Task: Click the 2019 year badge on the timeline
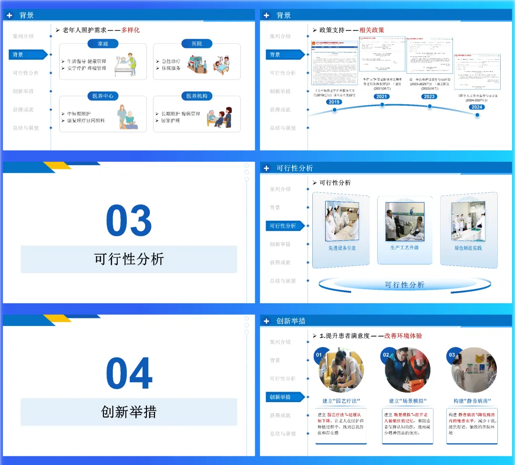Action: pyautogui.click(x=334, y=102)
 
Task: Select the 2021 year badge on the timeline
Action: pyautogui.click(x=381, y=96)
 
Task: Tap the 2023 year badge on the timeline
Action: pyautogui.click(x=429, y=96)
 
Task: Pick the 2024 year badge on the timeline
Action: pyautogui.click(x=477, y=107)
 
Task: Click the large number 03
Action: pyautogui.click(x=129, y=221)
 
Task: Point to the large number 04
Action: pyautogui.click(x=129, y=374)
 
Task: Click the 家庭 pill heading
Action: pyautogui.click(x=103, y=44)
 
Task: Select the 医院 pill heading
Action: pyautogui.click(x=197, y=44)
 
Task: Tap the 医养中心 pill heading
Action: pyautogui.click(x=103, y=96)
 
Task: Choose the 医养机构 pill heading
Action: pyautogui.click(x=197, y=96)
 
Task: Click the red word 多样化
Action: pyautogui.click(x=130, y=30)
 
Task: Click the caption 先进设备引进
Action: pyautogui.click(x=342, y=248)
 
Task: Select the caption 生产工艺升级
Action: pyautogui.click(x=404, y=247)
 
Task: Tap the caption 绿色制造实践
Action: pyautogui.click(x=468, y=248)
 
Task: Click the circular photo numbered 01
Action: pyautogui.click(x=341, y=371)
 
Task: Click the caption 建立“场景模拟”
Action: pyautogui.click(x=408, y=401)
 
